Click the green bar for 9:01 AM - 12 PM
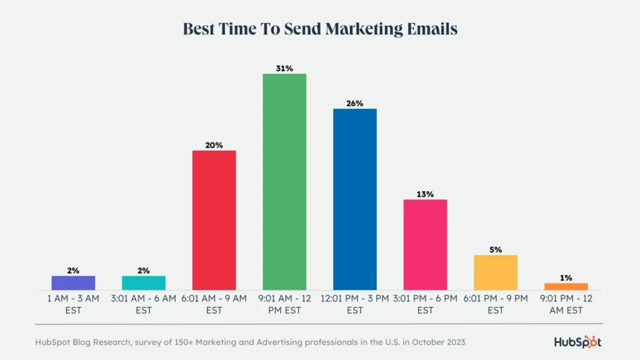(284, 182)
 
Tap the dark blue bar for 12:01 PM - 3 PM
(355, 199)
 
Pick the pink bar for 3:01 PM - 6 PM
(425, 244)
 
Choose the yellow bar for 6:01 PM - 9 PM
(496, 272)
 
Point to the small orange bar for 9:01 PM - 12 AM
(566, 286)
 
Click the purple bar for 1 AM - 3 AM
(73, 283)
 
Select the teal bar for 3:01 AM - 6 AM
(144, 283)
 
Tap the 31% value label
(284, 68)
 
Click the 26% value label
(355, 103)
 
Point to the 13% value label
(425, 194)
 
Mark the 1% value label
(566, 277)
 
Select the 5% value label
(496, 249)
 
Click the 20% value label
(214, 145)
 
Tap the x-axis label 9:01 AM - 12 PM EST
(284, 304)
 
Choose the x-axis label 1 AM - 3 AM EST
(73, 304)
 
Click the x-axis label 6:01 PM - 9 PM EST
(496, 304)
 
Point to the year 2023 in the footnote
(454, 342)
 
